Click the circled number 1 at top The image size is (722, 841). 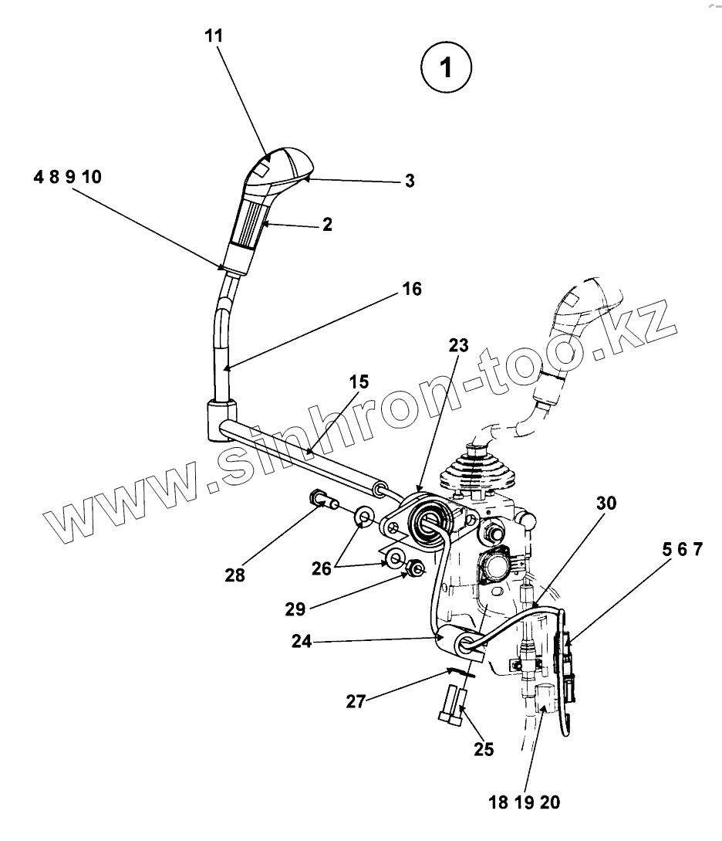tap(445, 66)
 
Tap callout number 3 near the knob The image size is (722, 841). tap(410, 181)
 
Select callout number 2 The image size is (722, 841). tap(327, 225)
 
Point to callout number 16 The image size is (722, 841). tap(411, 289)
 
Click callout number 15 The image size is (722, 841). tap(359, 382)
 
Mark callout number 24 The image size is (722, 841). tap(302, 641)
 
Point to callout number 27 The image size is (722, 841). tap(356, 700)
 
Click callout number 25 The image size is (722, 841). tap(484, 748)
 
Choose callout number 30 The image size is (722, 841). tap(606, 503)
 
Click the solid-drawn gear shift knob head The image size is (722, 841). tap(278, 166)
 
